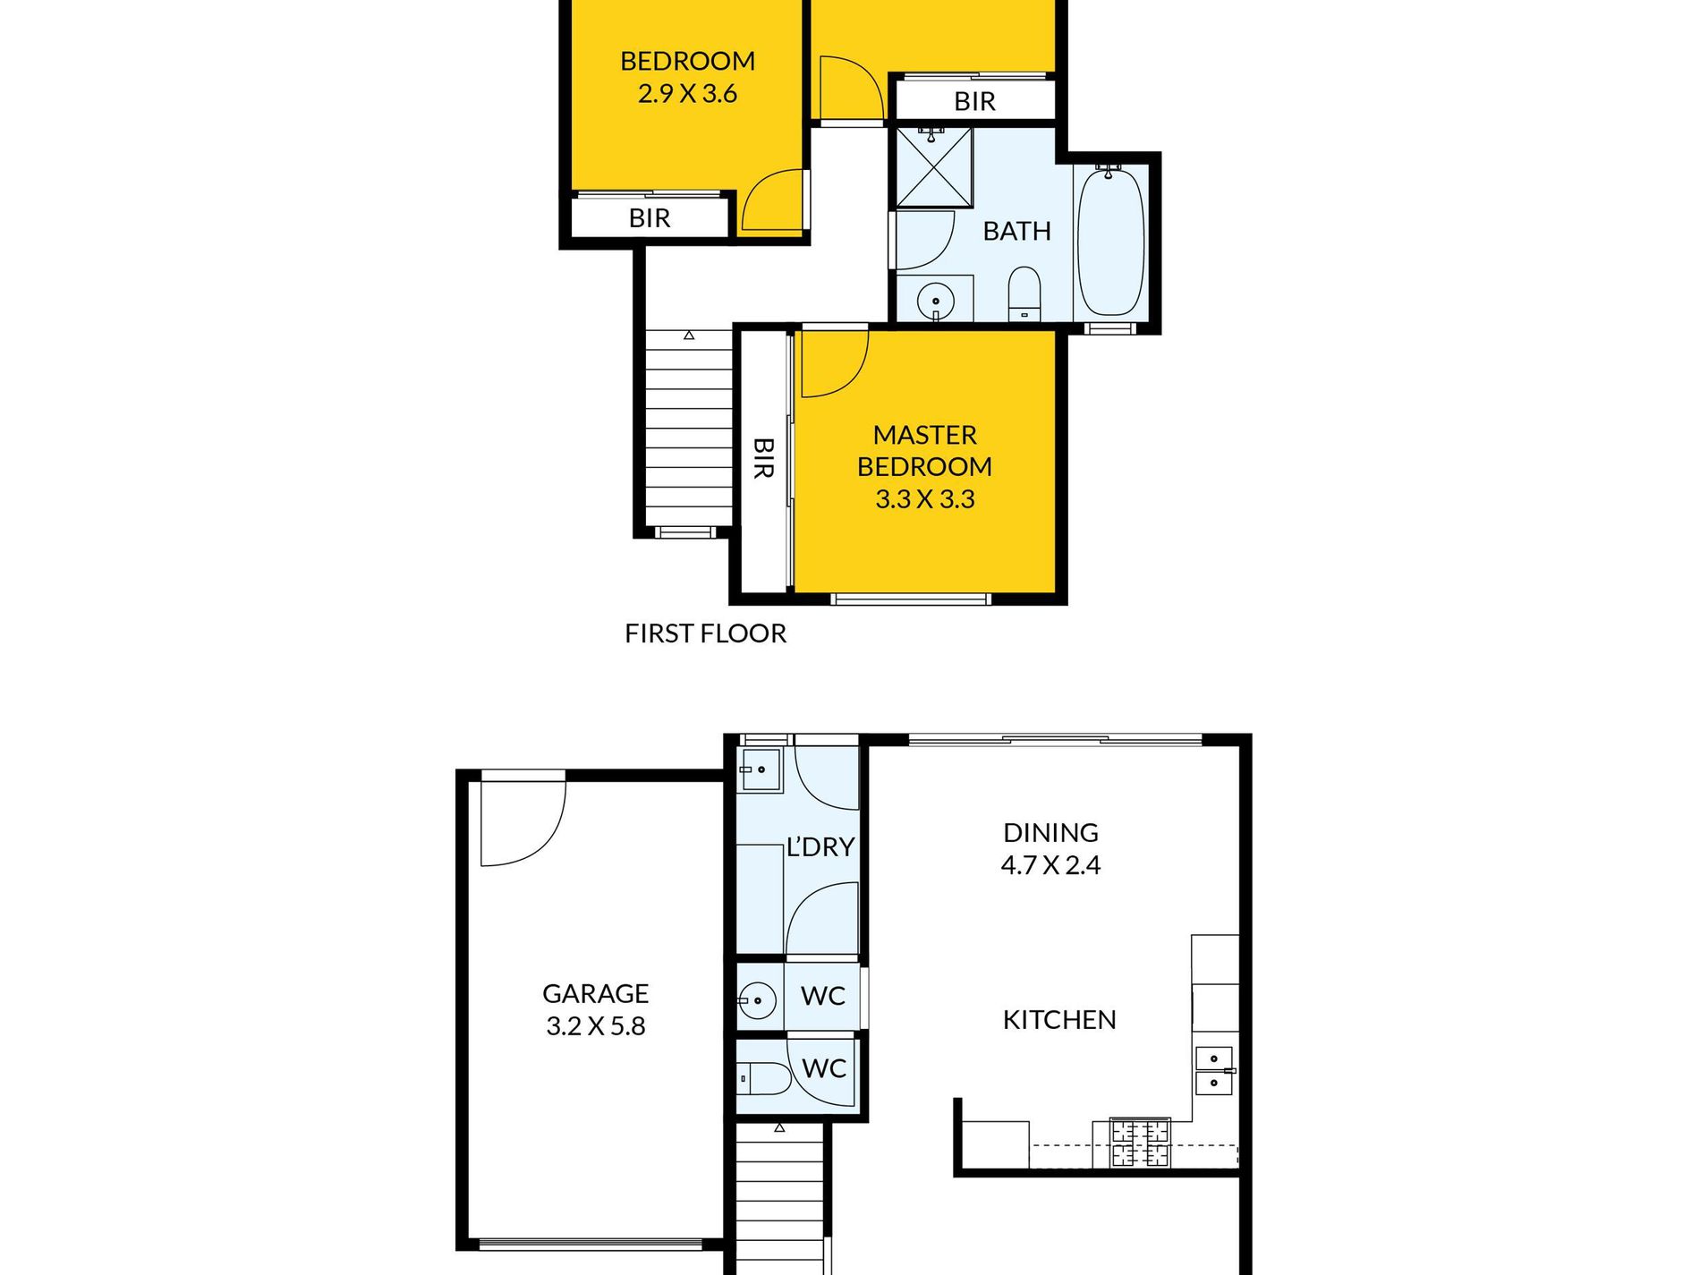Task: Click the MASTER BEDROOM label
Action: point(924,450)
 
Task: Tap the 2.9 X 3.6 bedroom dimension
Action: point(687,93)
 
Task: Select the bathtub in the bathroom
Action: point(1109,242)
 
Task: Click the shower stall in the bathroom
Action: point(934,167)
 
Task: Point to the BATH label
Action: point(1016,231)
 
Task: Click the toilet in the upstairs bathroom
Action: point(1024,293)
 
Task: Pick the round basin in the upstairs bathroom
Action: point(936,301)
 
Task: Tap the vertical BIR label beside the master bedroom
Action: point(763,457)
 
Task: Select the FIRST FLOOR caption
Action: point(705,633)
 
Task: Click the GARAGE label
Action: point(595,993)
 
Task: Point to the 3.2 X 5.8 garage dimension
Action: point(595,1026)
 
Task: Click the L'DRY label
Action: point(820,846)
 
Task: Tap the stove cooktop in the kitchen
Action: point(1140,1142)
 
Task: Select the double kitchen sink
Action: point(1214,1071)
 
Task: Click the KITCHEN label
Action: point(1059,1020)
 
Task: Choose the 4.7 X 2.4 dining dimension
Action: point(1050,865)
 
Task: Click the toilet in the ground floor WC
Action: point(765,1079)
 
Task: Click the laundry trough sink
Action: point(760,769)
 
